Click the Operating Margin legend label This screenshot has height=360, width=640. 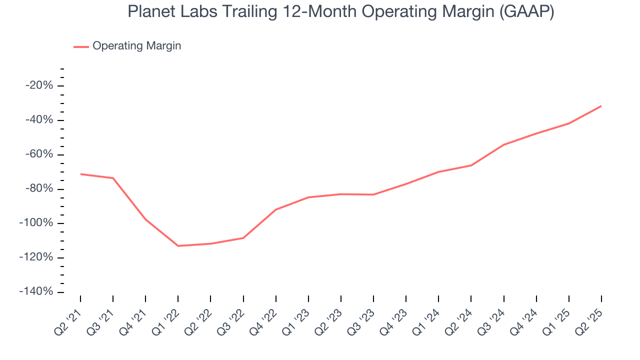pyautogui.click(x=136, y=46)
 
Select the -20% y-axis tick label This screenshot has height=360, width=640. pyautogui.click(x=39, y=85)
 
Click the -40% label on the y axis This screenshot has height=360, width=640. pyautogui.click(x=39, y=120)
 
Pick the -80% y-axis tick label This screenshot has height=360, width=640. pyautogui.click(x=39, y=189)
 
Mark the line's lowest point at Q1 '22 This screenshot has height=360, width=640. pyautogui.click(x=178, y=246)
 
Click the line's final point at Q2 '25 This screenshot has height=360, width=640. pyautogui.click(x=601, y=106)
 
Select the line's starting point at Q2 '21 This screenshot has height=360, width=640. pyautogui.click(x=80, y=174)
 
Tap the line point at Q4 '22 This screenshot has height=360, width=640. pyautogui.click(x=275, y=209)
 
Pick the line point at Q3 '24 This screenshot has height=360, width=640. pyautogui.click(x=503, y=145)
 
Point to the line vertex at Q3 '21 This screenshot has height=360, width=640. pyautogui.click(x=113, y=178)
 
